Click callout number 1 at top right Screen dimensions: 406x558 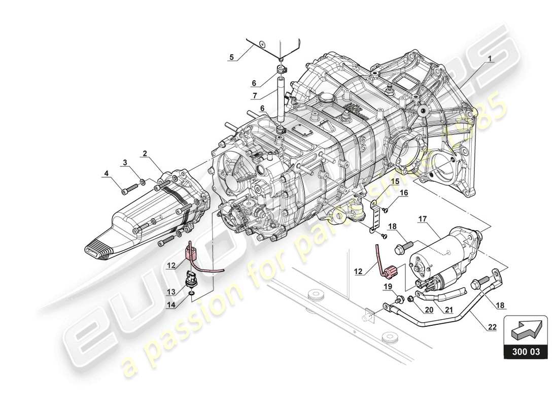[490, 58]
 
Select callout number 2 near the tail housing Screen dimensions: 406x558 [145, 152]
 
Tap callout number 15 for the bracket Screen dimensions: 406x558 [395, 181]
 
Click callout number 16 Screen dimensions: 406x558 [404, 192]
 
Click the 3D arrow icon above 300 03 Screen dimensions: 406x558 [526, 333]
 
